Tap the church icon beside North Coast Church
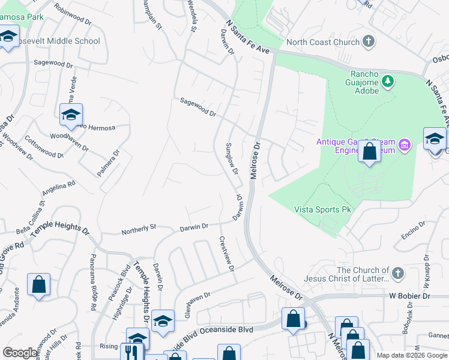tap(369, 41)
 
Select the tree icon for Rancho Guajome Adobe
tap(388, 80)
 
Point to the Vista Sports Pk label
tap(322, 209)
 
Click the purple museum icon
tap(405, 145)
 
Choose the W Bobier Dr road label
tap(410, 296)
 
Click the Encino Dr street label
tap(414, 230)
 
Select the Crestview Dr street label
tap(226, 254)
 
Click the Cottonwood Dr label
tap(44, 146)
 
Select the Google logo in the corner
tap(20, 353)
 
